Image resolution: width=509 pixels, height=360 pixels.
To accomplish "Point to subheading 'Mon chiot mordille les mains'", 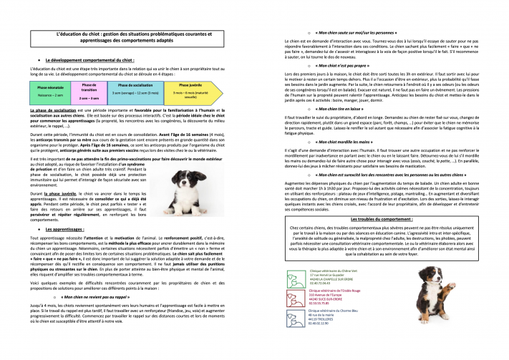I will point(362,143).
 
